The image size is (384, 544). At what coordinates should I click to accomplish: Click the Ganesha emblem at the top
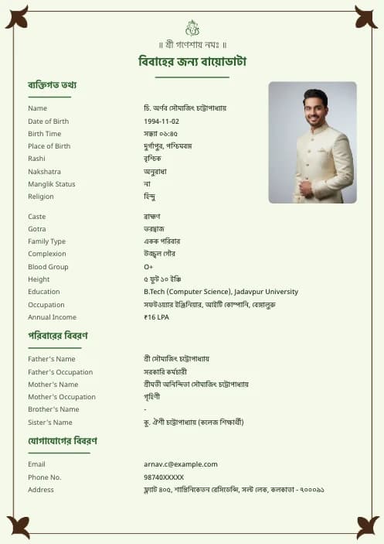tap(192, 28)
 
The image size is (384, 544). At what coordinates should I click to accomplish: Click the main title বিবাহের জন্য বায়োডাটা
tap(192, 62)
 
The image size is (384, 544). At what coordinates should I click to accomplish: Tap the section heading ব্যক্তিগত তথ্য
tap(52, 85)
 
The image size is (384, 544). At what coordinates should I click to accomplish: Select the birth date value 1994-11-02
tap(161, 121)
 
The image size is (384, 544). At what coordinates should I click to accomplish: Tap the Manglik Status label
tap(52, 184)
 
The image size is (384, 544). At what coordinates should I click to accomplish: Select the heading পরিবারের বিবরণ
tap(58, 336)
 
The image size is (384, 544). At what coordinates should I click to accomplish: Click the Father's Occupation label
tap(60, 372)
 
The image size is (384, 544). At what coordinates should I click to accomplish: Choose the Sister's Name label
tap(50, 423)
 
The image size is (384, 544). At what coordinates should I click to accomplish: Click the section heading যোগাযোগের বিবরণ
tap(63, 441)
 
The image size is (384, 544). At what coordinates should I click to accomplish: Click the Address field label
tap(41, 490)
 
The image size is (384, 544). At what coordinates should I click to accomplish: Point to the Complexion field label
tap(47, 254)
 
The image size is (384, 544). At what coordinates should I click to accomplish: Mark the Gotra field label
tap(37, 229)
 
